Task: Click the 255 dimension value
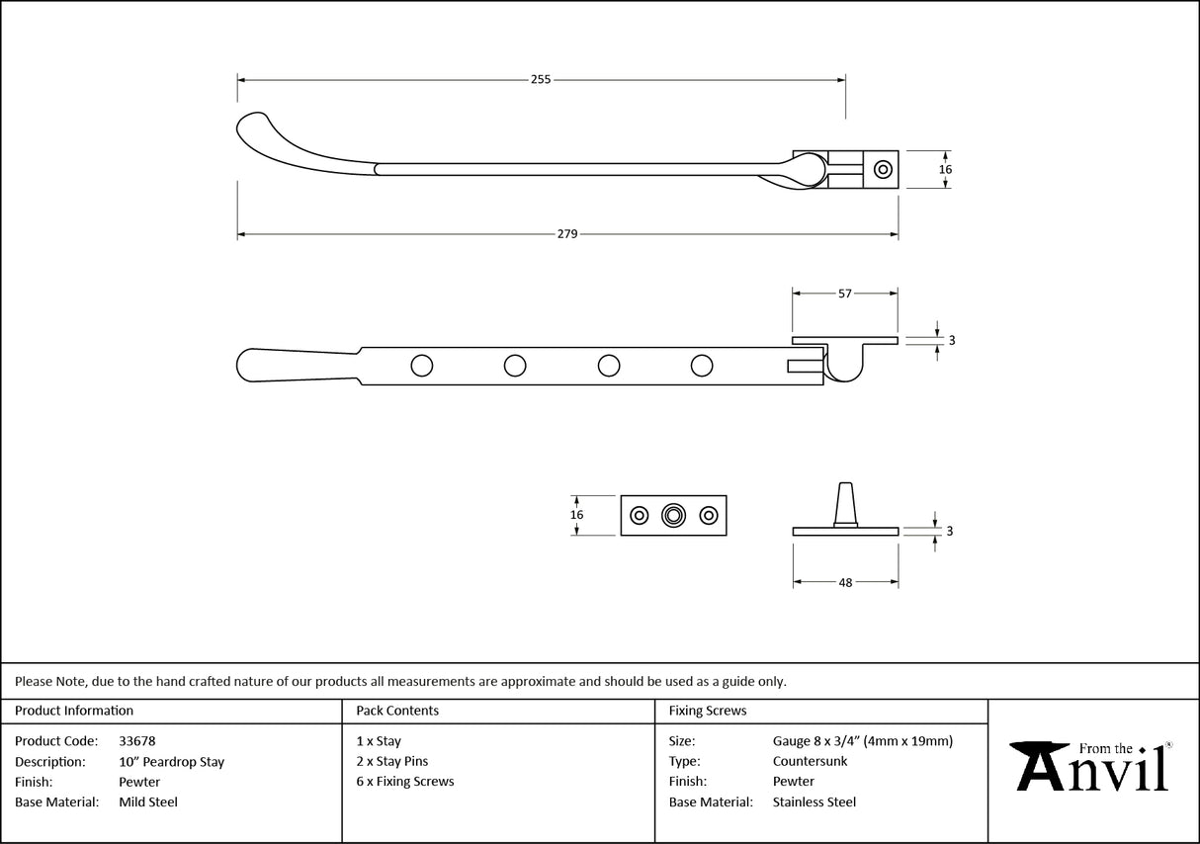point(541,79)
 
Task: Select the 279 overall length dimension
point(567,234)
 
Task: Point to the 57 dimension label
point(845,294)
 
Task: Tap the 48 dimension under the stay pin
point(845,583)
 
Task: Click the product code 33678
point(136,740)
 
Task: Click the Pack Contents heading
point(397,711)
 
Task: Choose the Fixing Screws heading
point(708,711)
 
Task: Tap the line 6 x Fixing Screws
point(405,781)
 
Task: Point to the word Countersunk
point(810,761)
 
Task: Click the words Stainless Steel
point(814,802)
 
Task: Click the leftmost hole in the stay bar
point(421,366)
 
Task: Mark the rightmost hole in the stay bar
point(702,366)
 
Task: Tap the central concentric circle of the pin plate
point(674,515)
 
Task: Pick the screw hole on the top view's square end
point(883,169)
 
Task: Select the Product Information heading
point(74,711)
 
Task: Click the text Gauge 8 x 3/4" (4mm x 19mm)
point(863,740)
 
